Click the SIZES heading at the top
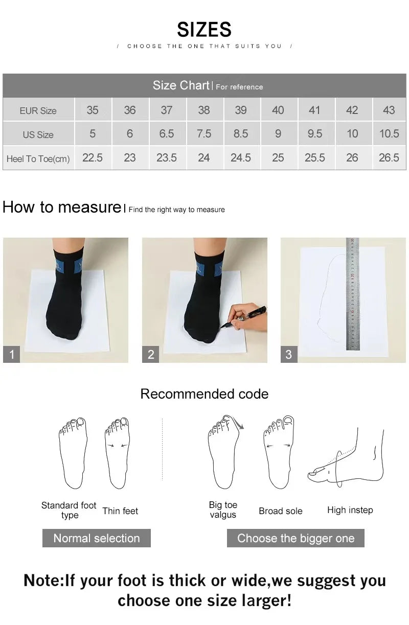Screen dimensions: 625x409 click(204, 30)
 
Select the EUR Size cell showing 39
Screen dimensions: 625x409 click(241, 110)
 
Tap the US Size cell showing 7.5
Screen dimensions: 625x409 click(203, 134)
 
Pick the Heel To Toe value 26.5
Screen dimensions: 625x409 click(389, 158)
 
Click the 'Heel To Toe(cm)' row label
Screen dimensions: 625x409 click(38, 158)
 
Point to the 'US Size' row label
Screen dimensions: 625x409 click(38, 134)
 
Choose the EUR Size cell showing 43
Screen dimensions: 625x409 click(389, 110)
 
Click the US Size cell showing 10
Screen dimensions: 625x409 click(352, 134)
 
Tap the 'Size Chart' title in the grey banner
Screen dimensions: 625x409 click(181, 85)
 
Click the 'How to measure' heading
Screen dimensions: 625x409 click(61, 207)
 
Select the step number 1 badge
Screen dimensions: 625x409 click(12, 354)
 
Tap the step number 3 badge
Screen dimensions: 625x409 click(289, 354)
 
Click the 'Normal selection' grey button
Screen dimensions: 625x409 click(97, 538)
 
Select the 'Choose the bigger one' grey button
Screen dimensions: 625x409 click(296, 538)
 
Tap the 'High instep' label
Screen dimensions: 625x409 click(350, 510)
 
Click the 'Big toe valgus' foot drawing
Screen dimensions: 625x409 click(224, 452)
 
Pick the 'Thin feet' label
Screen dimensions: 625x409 click(120, 511)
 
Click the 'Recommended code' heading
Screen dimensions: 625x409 click(204, 394)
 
